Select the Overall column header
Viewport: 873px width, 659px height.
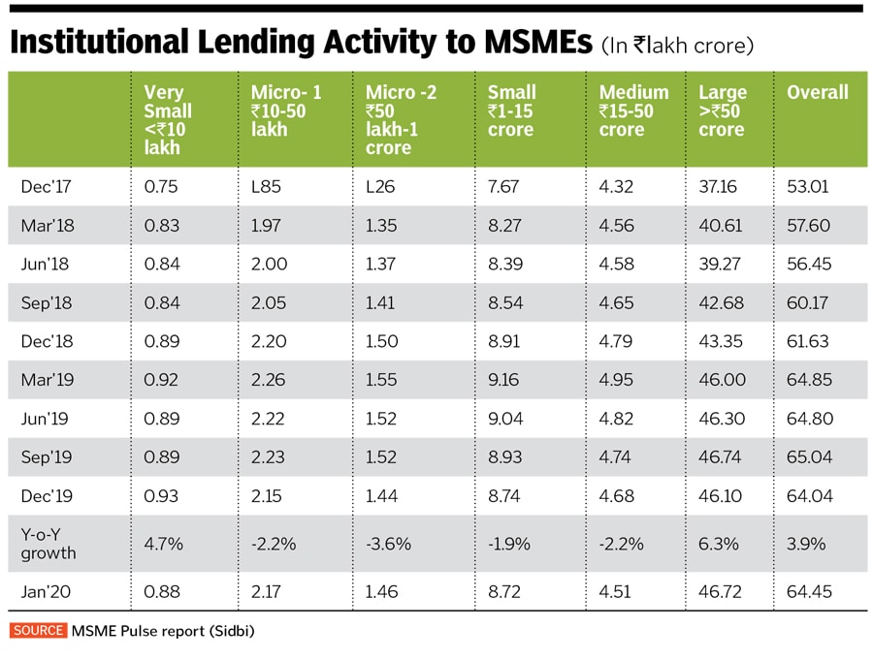[x=817, y=93]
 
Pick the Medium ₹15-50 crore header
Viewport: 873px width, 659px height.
[x=633, y=110]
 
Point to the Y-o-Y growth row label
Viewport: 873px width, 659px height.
[x=48, y=544]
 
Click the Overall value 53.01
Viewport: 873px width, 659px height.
[x=807, y=187]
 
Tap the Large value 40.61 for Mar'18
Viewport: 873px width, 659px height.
[x=721, y=226]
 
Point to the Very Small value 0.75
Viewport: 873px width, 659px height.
[x=160, y=187]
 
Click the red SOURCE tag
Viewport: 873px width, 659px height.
[x=38, y=631]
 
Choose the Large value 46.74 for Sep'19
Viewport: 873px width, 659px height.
[x=721, y=456]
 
